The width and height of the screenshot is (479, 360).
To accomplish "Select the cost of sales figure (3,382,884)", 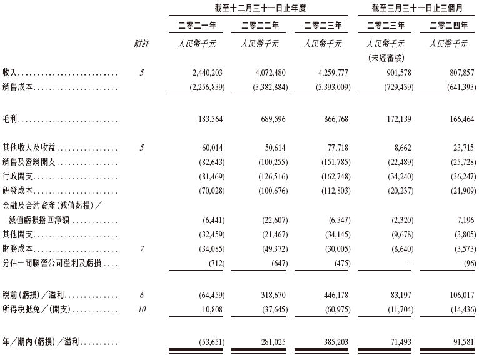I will (266, 87).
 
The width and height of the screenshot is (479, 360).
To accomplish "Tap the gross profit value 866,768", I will (327, 117).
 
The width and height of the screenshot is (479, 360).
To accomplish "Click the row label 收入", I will (11, 73).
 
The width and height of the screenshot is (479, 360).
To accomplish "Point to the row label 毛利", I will (11, 117).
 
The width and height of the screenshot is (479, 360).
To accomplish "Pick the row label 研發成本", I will (19, 191).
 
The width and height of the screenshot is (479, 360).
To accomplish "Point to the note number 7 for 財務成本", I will (143, 249).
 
